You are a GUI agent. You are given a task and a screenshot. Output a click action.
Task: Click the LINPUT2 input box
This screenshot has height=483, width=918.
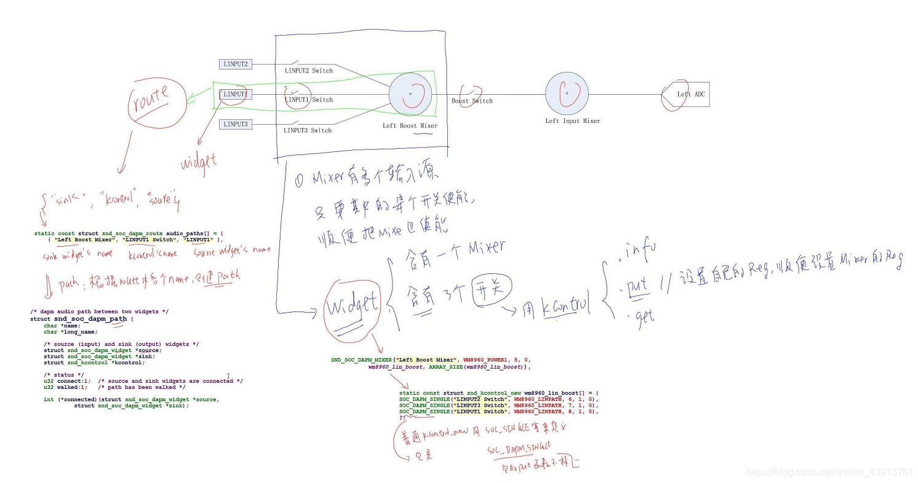pos(235,64)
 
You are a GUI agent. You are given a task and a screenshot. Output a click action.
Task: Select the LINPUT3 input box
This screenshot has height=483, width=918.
pos(235,124)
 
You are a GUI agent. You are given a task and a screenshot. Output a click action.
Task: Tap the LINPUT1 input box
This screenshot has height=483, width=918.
pos(235,94)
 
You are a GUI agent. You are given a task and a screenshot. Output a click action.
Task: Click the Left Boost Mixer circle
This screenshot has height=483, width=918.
pos(410,94)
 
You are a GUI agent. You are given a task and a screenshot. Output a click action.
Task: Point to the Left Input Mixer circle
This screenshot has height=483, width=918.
pos(567,94)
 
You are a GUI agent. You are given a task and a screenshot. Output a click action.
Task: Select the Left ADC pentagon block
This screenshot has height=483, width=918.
pos(687,94)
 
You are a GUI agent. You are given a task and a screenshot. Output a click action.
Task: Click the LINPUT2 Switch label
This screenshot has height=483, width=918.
pos(308,71)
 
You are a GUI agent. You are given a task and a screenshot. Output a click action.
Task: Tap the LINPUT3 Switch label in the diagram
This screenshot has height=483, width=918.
pos(308,130)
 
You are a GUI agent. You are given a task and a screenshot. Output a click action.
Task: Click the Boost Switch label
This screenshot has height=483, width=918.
pos(472,101)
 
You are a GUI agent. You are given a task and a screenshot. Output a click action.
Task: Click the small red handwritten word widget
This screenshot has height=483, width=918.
pos(199,162)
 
